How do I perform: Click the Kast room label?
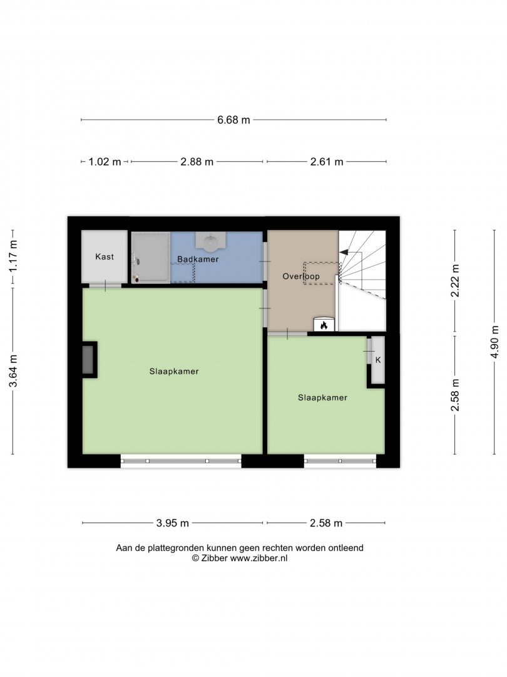(x=105, y=256)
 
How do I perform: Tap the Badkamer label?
(x=198, y=259)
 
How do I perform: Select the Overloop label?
(x=301, y=276)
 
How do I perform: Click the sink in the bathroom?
(x=210, y=242)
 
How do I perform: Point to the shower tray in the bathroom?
(x=151, y=258)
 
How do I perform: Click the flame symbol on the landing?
(x=324, y=325)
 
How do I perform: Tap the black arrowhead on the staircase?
(x=344, y=252)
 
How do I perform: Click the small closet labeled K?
(x=378, y=360)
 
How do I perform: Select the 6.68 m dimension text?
(x=233, y=120)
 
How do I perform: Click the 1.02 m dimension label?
(x=105, y=162)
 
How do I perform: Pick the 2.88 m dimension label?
(x=197, y=162)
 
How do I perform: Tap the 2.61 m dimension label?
(x=327, y=162)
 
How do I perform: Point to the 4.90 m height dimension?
(x=495, y=342)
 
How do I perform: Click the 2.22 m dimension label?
(x=455, y=281)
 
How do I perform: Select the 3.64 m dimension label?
(x=13, y=371)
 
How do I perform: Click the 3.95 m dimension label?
(x=173, y=523)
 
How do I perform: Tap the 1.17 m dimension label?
(x=13, y=256)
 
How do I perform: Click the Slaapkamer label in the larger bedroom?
(x=174, y=371)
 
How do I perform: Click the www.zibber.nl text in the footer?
(x=259, y=559)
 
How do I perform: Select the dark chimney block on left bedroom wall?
(x=90, y=360)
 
